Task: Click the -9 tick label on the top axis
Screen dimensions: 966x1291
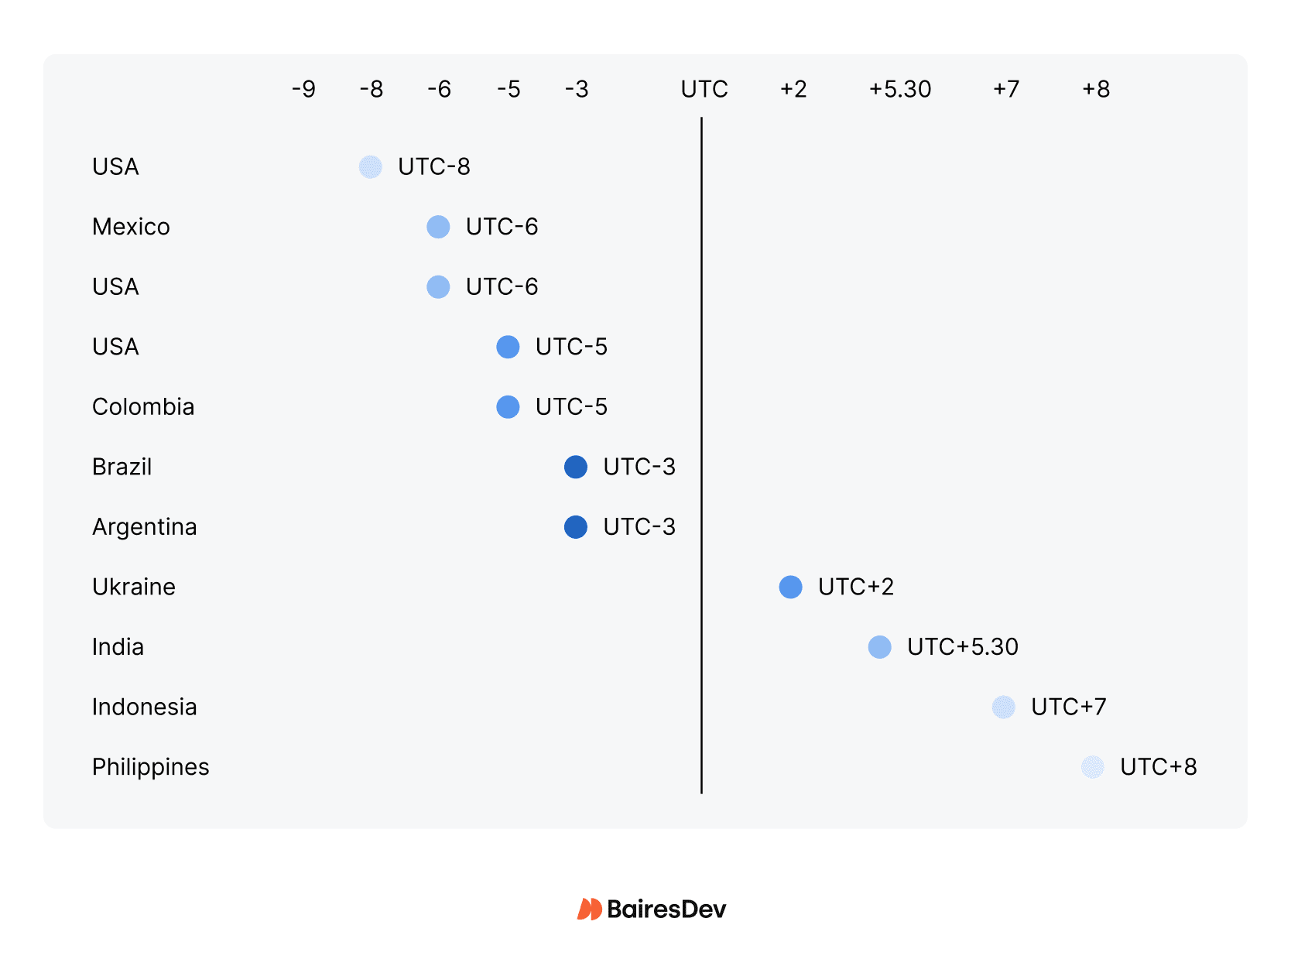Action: [303, 89]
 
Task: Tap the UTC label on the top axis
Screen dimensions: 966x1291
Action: [704, 89]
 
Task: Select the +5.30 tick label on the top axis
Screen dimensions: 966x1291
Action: [899, 89]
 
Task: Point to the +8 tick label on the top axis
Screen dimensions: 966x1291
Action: [1095, 89]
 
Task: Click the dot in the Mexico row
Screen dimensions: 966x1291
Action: [438, 227]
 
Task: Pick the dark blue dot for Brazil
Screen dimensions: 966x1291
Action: [575, 467]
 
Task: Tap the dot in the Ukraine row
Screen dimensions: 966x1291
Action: [790, 587]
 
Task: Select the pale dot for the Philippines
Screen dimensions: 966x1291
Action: [1092, 767]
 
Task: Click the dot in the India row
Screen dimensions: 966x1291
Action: [879, 647]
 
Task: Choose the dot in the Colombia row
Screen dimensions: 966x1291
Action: [508, 406]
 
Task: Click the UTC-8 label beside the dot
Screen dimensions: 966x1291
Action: [433, 166]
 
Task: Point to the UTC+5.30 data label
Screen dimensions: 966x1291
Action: [962, 647]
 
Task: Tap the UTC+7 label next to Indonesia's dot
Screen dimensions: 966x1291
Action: [1068, 707]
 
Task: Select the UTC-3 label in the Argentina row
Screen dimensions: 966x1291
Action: [639, 527]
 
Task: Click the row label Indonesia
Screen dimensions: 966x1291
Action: [144, 707]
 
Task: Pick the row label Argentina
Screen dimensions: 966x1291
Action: [144, 527]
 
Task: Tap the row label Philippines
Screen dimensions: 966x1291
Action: [150, 767]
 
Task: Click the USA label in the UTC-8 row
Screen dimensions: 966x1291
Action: [115, 166]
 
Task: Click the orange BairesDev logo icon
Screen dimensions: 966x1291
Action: [589, 909]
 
